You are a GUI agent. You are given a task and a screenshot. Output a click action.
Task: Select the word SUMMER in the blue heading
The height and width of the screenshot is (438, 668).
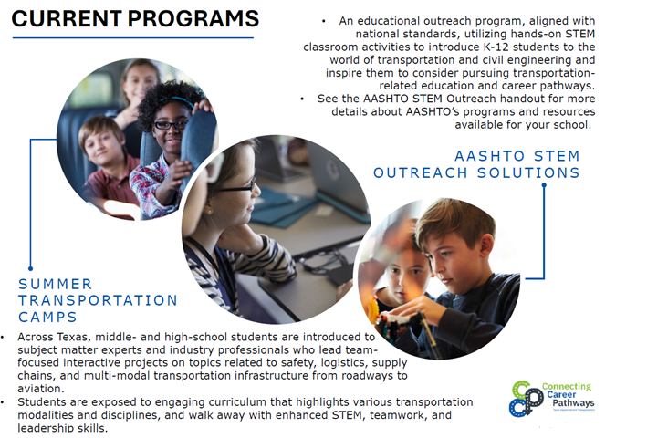pos(56,285)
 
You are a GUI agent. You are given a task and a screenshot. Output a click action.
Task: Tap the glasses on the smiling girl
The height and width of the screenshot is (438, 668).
pos(172,123)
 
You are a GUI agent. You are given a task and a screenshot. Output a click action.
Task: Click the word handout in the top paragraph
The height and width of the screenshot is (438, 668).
pos(502,99)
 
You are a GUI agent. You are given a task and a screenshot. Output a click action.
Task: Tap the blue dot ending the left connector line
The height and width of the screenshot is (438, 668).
pos(30,267)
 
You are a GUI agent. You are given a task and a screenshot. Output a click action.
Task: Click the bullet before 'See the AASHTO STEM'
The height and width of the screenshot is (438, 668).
pos(302,99)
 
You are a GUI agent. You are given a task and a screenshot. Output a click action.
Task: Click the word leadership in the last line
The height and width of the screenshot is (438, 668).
pos(48,428)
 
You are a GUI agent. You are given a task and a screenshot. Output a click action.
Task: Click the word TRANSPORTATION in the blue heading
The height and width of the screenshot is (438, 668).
pos(99,300)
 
